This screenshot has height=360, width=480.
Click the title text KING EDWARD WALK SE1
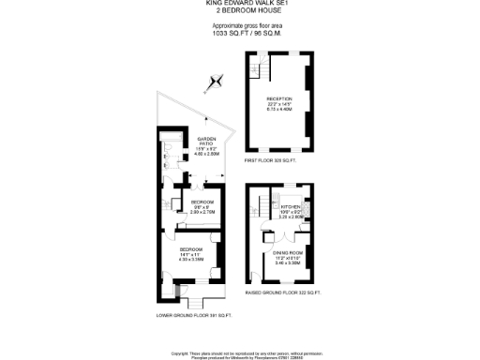click(x=239, y=3)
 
